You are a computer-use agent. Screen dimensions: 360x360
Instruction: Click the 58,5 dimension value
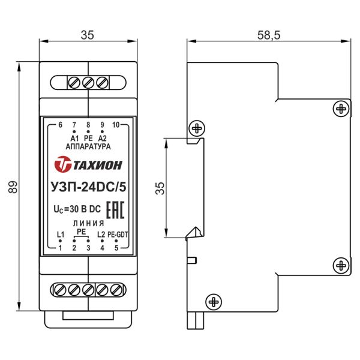click(x=269, y=35)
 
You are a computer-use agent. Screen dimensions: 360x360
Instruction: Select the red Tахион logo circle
click(x=62, y=164)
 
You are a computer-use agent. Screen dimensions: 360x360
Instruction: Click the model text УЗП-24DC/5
click(x=88, y=187)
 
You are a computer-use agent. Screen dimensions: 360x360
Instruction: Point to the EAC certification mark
click(x=115, y=210)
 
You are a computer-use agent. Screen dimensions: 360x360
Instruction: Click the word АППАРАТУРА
click(x=88, y=146)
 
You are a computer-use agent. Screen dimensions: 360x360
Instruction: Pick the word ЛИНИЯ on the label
click(x=88, y=223)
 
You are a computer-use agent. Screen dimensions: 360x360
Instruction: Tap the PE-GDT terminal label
click(x=118, y=235)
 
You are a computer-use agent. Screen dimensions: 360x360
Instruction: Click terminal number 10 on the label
click(x=116, y=125)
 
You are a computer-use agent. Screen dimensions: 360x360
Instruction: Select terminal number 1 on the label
click(x=60, y=248)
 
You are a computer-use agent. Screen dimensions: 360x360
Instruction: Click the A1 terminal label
click(x=74, y=139)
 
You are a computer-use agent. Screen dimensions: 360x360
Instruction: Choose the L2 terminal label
click(x=101, y=235)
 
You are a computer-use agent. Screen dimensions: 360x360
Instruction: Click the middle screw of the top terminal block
click(x=88, y=83)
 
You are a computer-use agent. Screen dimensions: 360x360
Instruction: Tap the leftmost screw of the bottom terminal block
click(x=60, y=289)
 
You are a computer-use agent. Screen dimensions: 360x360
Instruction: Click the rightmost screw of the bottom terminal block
click(x=116, y=289)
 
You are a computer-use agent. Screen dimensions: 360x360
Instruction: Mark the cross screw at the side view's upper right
click(x=341, y=109)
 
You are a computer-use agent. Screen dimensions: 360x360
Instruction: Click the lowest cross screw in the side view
click(x=214, y=302)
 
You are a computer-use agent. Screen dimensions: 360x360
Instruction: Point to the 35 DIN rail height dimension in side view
click(x=160, y=188)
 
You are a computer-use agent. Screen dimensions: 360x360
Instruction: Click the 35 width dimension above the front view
click(x=88, y=35)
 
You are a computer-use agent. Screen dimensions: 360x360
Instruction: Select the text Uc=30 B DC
click(x=77, y=209)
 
